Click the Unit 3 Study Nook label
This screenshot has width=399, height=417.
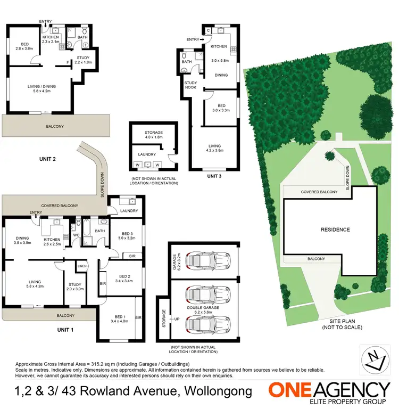tap(190, 85)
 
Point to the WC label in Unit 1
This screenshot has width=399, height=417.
tap(76, 234)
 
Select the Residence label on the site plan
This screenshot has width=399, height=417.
tap(335, 230)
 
